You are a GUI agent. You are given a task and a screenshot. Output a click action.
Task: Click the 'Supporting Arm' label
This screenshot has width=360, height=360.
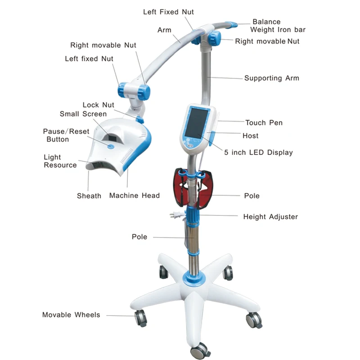click(271, 78)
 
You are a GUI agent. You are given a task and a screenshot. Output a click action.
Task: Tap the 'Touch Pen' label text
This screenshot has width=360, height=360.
click(264, 122)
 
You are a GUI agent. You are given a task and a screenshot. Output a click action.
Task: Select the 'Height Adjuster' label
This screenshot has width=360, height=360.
click(270, 217)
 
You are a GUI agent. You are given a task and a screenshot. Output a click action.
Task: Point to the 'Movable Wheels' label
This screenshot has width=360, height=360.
click(71, 315)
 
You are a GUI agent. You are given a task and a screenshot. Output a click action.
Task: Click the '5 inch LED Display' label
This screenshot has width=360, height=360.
click(258, 153)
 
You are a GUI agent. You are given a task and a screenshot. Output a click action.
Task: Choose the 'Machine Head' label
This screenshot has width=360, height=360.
click(134, 196)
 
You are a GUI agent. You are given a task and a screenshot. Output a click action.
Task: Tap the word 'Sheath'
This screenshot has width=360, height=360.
click(89, 196)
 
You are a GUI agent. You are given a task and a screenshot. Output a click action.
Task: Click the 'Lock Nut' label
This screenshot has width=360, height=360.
click(98, 105)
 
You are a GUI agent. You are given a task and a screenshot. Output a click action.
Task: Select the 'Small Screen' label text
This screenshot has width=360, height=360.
click(83, 114)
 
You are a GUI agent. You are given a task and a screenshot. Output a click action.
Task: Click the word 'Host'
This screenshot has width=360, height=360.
click(250, 135)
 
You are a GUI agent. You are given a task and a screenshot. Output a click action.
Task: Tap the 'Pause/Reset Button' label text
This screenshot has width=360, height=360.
click(66, 135)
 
